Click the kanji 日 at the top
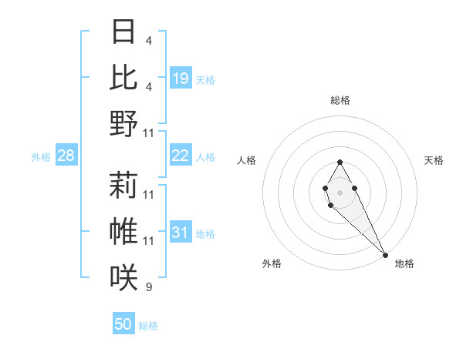124,33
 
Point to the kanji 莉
124,186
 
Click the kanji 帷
124,232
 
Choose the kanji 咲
124,277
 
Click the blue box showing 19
181,78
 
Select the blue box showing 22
181,156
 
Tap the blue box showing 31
181,233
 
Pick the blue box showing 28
66,156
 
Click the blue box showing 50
123,324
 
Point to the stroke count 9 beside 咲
149,287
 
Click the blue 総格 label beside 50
148,326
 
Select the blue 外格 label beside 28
41,157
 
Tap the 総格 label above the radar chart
340,100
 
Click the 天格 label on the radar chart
434,160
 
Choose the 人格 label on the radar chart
246,160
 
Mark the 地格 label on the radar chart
404,263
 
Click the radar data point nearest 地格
385,254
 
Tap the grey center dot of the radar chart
340,191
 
